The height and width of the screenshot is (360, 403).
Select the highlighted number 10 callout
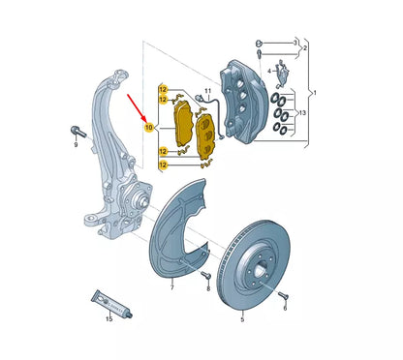pos(149,128)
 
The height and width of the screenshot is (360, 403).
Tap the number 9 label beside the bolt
pos(76,144)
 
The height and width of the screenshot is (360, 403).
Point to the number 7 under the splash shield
pos(171,287)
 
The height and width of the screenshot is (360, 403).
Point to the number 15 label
pos(109,317)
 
